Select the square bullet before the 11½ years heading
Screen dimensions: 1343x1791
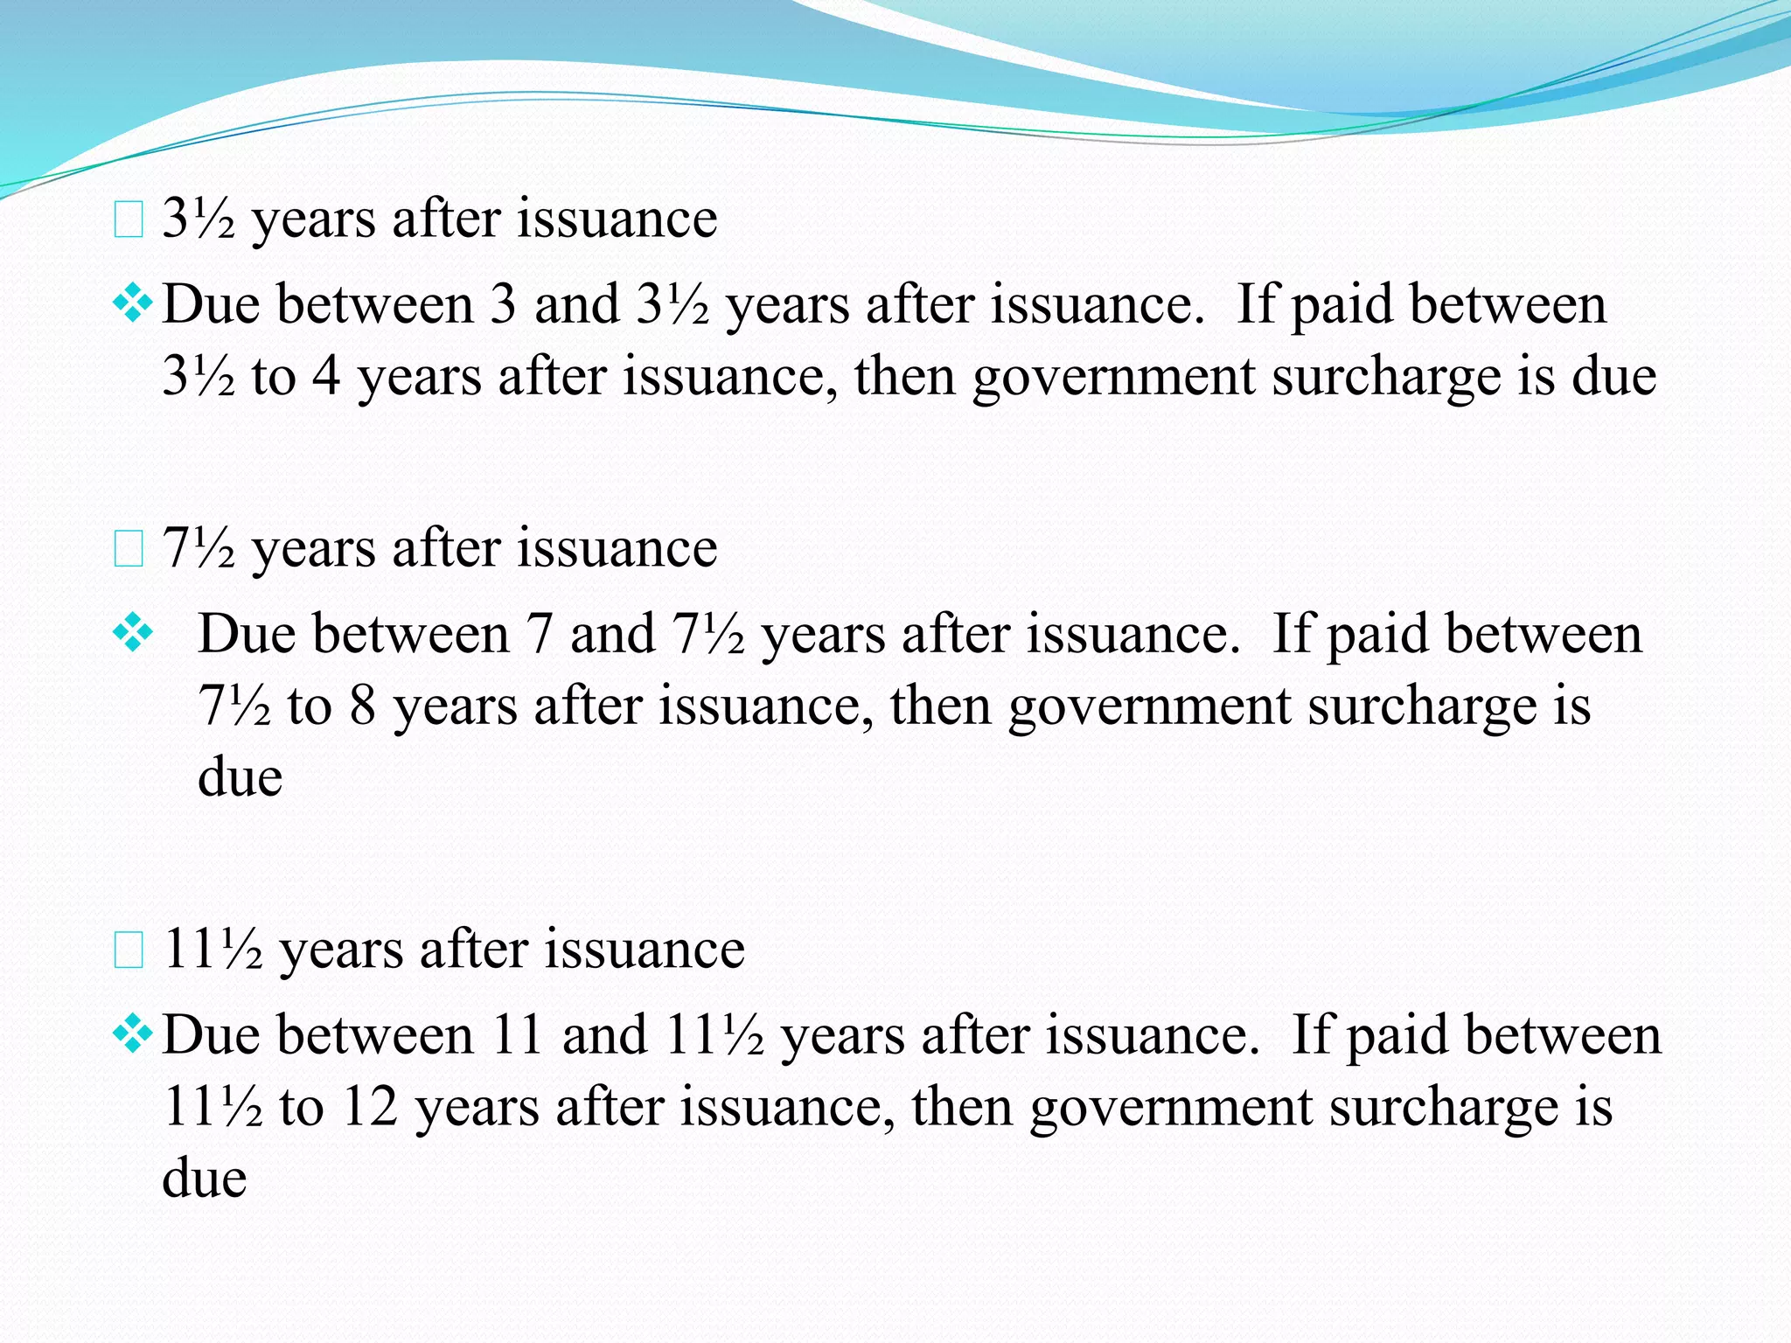tap(129, 952)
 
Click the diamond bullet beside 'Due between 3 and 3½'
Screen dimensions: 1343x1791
tap(132, 305)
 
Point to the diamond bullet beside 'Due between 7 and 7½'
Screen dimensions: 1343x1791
tap(132, 634)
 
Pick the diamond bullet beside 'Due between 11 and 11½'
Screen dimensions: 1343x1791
tap(132, 1035)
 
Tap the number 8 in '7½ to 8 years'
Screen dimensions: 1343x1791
tap(362, 706)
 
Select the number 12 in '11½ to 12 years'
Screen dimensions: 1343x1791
tap(369, 1107)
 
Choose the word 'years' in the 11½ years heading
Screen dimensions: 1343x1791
tap(341, 950)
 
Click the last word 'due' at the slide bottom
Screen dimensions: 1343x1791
tap(204, 1178)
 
